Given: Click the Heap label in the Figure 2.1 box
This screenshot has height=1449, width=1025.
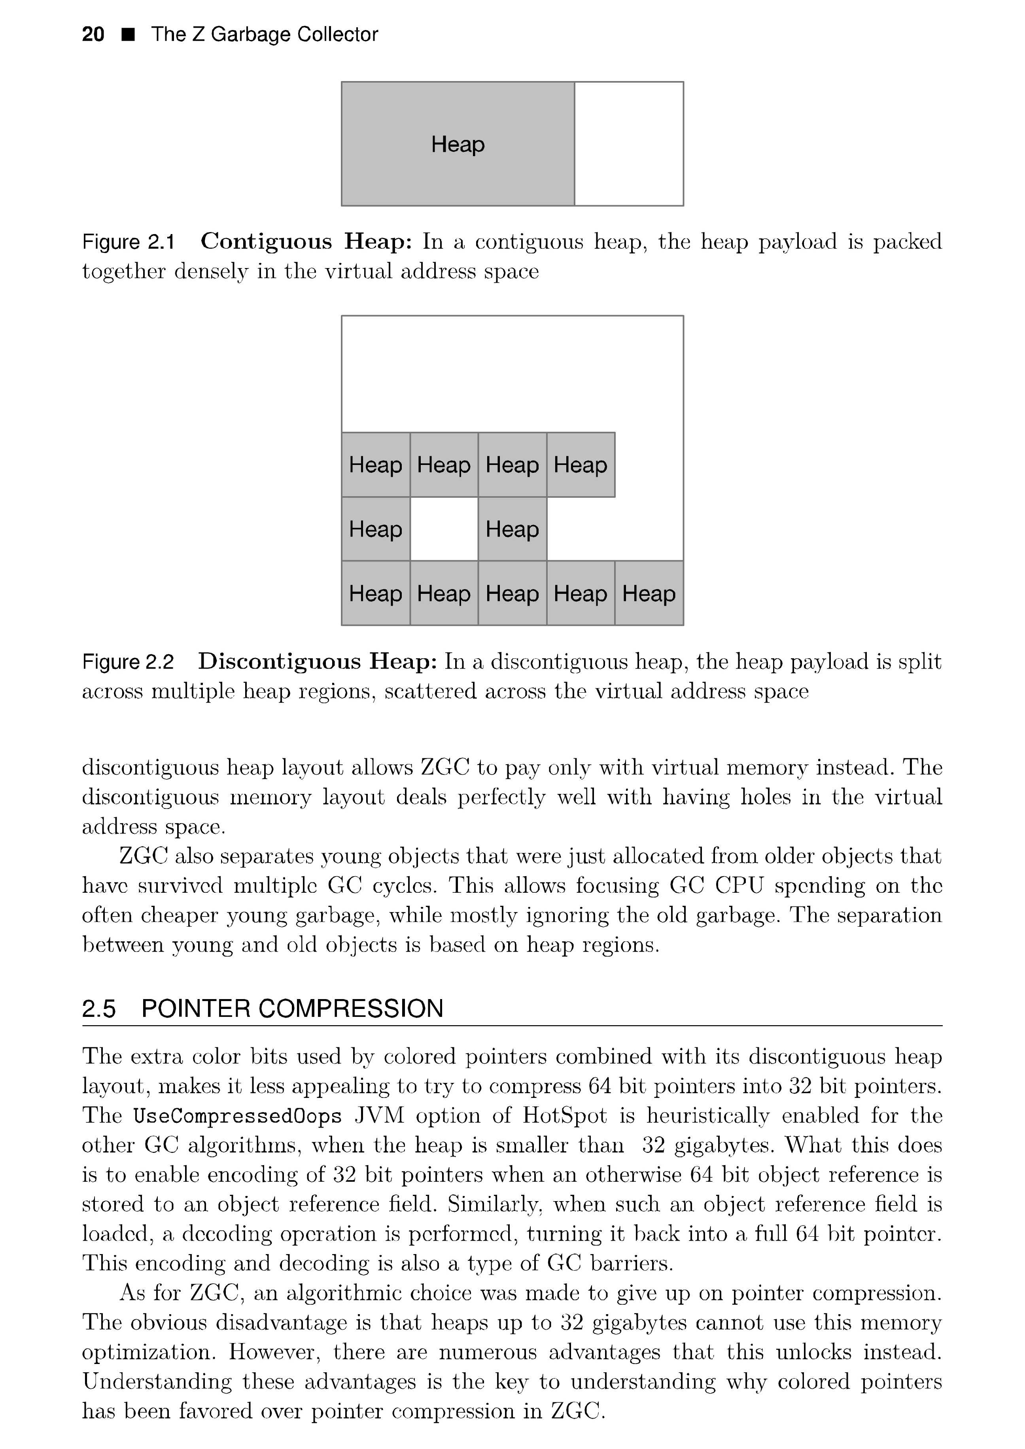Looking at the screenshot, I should pyautogui.click(x=458, y=145).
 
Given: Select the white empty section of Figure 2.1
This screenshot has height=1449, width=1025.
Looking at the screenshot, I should pyautogui.click(x=629, y=144).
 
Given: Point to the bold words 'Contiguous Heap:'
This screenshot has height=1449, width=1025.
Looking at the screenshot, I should pyautogui.click(x=306, y=241).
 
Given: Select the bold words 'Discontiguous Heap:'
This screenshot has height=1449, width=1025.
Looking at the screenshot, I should pyautogui.click(x=318, y=661).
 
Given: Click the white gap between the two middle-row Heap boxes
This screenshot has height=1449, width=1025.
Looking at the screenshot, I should pyautogui.click(x=444, y=529).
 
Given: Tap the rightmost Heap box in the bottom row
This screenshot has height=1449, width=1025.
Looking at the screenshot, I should pyautogui.click(x=649, y=593).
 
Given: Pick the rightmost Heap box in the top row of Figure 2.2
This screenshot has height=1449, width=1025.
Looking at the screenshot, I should pyautogui.click(x=581, y=465).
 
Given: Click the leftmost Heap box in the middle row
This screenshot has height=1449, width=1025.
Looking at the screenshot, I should pyautogui.click(x=376, y=529).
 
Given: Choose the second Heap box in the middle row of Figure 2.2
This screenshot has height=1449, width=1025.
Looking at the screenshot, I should pyautogui.click(x=512, y=529).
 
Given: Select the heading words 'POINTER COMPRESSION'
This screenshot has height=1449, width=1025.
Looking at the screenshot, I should pyautogui.click(x=292, y=1009).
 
